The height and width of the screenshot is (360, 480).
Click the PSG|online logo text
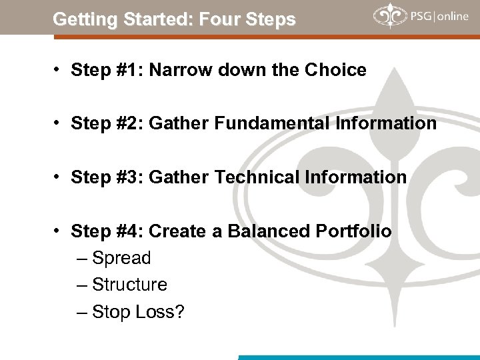tap(440, 16)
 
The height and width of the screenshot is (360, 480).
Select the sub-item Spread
tap(122, 258)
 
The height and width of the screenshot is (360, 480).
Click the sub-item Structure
tap(130, 285)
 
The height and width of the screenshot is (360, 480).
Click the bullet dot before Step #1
tap(59, 70)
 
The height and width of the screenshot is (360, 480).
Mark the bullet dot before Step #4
tap(59, 231)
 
